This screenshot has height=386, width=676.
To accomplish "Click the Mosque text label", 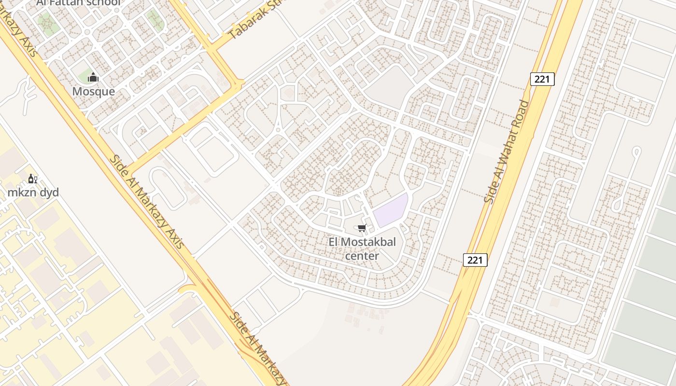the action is point(94,92).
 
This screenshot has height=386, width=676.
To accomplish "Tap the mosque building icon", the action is point(93,77).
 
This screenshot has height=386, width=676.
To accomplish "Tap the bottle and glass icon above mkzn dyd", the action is point(32,179).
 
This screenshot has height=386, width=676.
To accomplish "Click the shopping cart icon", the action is point(362,228).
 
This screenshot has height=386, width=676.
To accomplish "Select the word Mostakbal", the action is point(368,242).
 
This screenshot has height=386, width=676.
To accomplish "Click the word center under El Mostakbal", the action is point(362,256).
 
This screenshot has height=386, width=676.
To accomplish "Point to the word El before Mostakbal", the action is point(334,242).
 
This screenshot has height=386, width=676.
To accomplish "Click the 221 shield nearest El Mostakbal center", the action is point(475,260).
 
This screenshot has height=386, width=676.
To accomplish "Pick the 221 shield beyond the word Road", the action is point(542,79).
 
